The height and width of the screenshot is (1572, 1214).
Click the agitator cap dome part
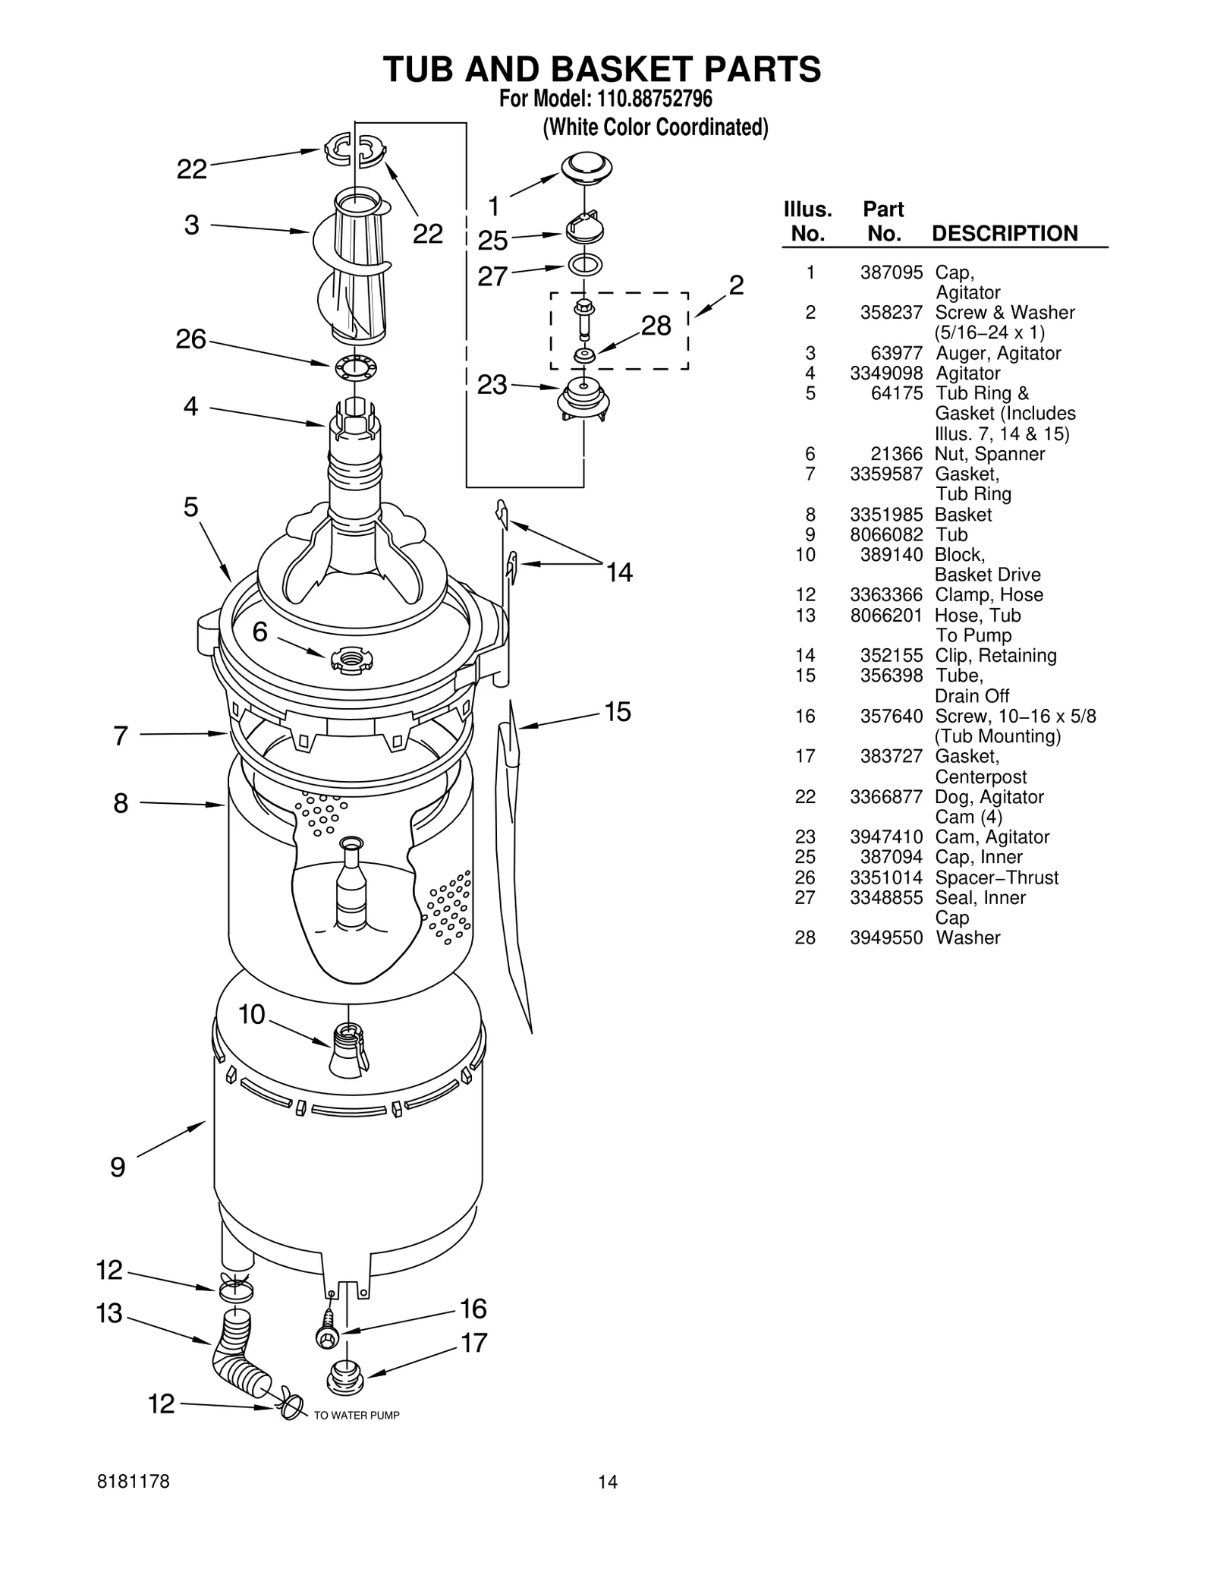click(x=587, y=166)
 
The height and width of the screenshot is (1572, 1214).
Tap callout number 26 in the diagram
click(x=191, y=339)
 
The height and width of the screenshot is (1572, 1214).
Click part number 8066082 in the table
click(x=886, y=534)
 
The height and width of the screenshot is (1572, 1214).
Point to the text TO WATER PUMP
click(x=357, y=1416)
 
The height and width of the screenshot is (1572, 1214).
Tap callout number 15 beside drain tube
click(x=618, y=711)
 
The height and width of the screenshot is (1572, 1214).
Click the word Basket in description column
click(x=963, y=515)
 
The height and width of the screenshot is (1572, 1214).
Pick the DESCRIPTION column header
click(x=1004, y=233)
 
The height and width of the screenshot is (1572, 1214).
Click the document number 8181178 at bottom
click(x=134, y=1482)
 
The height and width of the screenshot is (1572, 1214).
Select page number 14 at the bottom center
click(x=607, y=1482)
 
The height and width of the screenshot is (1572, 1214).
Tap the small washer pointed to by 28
click(x=583, y=354)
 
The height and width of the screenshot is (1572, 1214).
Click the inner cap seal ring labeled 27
click(x=585, y=265)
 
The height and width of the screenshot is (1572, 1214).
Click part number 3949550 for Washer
click(x=886, y=937)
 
